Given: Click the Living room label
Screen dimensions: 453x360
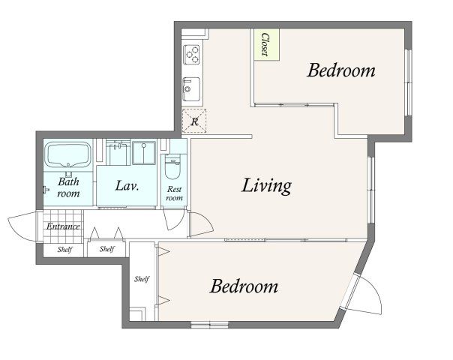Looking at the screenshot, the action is click(266, 186).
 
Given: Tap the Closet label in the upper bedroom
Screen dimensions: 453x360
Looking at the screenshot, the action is click(265, 44).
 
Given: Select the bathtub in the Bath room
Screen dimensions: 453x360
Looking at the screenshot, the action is click(68, 154).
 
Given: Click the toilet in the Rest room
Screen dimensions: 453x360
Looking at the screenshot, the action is click(172, 167).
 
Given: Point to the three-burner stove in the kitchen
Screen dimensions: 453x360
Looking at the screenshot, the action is click(191, 55).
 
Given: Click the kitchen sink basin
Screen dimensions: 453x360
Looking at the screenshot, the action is click(191, 89).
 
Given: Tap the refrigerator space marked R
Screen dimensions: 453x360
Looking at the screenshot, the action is click(194, 121).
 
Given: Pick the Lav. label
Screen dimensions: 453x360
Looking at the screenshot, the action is click(127, 186).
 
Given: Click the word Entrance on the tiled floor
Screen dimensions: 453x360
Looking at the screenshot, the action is click(63, 226).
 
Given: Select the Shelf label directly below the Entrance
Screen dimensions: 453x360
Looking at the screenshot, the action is click(64, 249).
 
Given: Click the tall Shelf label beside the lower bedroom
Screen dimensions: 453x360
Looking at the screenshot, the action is click(142, 279).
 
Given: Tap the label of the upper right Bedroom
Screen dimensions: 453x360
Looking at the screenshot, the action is click(341, 70).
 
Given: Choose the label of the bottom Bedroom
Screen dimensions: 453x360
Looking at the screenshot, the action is click(244, 286).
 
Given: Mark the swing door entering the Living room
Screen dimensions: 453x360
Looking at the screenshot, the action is click(201, 224).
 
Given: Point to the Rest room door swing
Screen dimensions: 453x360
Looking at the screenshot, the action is click(174, 219).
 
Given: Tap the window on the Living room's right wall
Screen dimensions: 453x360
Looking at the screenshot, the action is click(371, 190).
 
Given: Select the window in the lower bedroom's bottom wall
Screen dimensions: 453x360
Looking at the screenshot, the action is click(209, 324).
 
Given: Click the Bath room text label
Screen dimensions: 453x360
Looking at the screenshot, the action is click(68, 187).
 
